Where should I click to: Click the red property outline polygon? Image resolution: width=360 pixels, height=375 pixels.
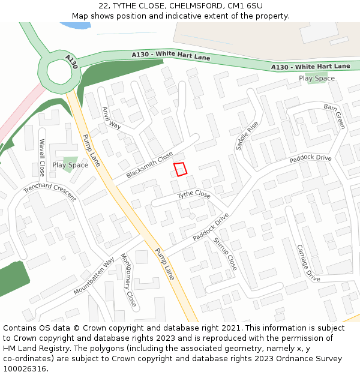180,169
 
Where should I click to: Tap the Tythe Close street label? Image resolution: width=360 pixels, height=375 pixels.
194,195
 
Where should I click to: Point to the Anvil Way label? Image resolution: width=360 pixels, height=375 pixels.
112,118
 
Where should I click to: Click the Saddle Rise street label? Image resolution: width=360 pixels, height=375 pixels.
247,136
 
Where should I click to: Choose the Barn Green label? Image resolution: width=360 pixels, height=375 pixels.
334,116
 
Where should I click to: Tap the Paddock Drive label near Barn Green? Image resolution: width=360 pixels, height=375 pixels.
310,159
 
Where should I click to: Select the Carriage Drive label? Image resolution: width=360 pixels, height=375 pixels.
308,263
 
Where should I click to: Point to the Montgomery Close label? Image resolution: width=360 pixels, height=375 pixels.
128,280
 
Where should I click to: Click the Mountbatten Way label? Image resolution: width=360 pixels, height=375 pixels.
94,276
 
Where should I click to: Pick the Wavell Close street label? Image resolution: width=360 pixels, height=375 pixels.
42,157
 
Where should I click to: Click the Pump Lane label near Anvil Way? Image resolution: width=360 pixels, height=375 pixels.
91,149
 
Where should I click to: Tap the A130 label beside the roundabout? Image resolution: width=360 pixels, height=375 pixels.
72,61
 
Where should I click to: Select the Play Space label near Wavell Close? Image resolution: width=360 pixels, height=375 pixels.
70,165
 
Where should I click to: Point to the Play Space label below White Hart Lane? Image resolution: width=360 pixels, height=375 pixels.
317,79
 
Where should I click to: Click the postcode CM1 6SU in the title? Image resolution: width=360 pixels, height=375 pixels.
245,6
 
